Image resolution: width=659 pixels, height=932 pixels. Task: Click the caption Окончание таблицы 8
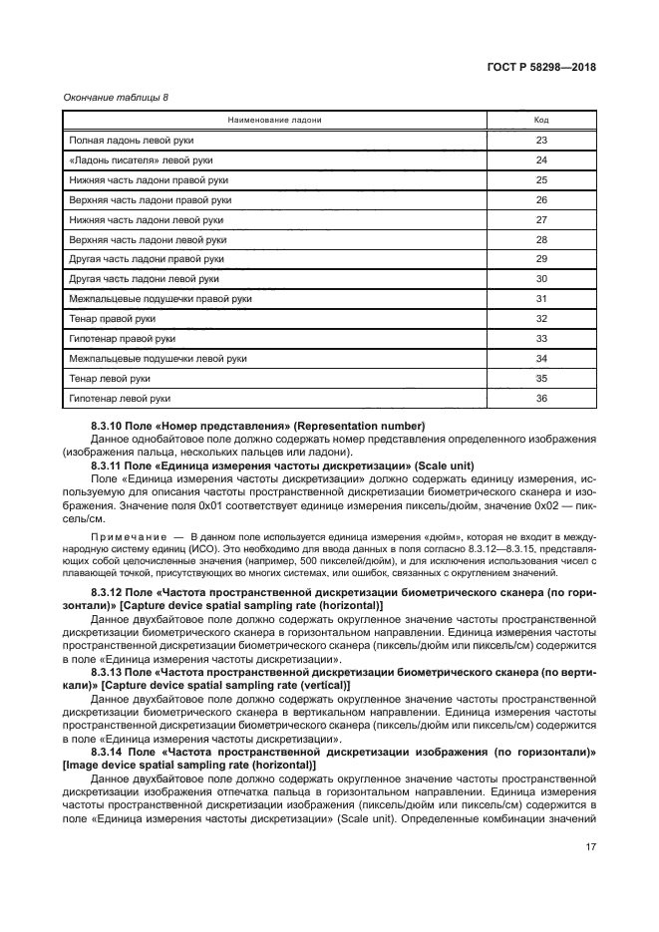coord(104,96)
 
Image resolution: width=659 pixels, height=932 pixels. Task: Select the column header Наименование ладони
coord(274,120)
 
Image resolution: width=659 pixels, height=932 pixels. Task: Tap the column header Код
coord(541,120)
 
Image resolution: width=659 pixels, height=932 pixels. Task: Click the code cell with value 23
coord(541,140)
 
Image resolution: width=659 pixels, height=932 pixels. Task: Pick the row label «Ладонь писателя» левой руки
coord(141,159)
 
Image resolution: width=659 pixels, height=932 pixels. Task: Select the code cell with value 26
coord(541,199)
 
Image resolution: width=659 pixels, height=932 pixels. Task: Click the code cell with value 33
coord(541,338)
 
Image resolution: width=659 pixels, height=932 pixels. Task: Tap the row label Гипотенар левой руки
coord(120,398)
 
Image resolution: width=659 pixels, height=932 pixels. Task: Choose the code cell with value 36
coord(541,398)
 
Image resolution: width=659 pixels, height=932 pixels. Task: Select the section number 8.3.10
coord(108,427)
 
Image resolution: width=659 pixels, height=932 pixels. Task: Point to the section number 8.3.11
coord(108,466)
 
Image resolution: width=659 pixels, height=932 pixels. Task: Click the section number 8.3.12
coord(108,594)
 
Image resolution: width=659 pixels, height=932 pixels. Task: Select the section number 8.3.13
coord(108,673)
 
